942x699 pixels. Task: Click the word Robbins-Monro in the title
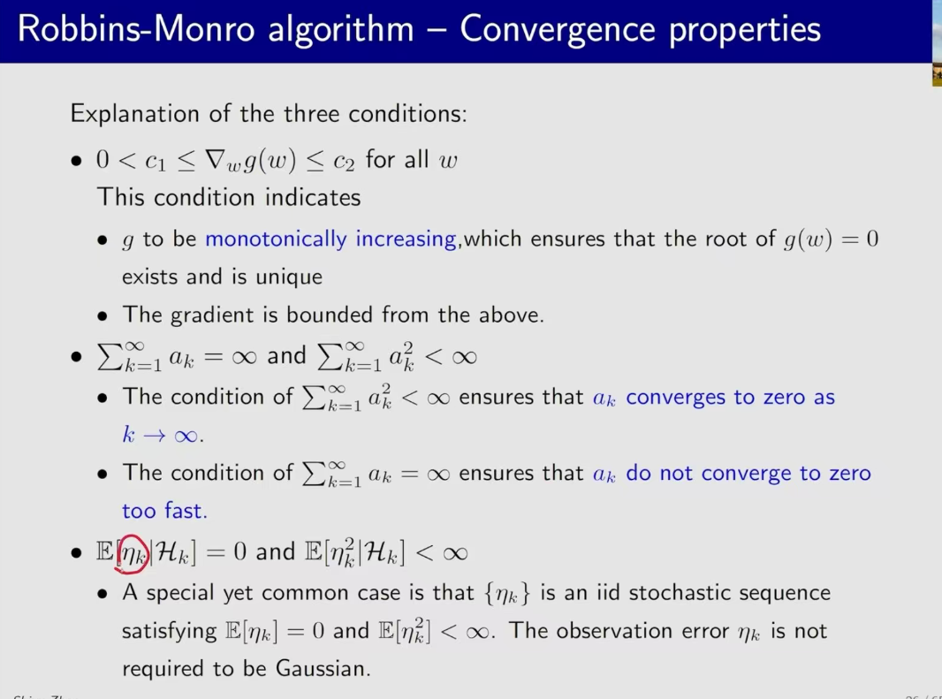point(136,28)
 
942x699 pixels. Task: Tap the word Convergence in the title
point(557,30)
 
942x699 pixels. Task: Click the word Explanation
point(134,114)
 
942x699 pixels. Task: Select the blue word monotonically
point(276,239)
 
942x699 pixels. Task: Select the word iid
point(609,593)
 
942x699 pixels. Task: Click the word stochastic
point(681,593)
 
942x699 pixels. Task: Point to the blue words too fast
point(164,511)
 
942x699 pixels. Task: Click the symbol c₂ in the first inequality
point(344,161)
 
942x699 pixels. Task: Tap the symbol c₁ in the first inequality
point(155,161)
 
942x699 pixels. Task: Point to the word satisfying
point(169,631)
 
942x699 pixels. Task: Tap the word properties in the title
point(744,30)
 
